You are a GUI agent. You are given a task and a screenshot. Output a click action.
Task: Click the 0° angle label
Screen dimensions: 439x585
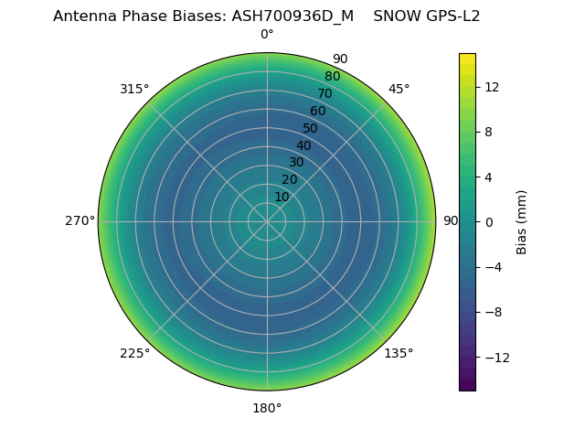click(267, 35)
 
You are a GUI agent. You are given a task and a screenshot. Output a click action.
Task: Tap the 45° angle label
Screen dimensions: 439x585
click(399, 89)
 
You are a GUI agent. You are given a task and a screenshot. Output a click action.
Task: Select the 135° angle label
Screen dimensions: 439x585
click(399, 354)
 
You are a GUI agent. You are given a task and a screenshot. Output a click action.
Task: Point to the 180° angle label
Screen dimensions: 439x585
click(267, 408)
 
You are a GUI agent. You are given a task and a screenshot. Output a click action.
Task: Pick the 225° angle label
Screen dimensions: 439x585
click(134, 354)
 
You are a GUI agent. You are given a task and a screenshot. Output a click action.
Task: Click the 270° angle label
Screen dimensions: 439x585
click(80, 221)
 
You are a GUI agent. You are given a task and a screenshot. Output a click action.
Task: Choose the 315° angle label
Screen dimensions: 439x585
click(134, 89)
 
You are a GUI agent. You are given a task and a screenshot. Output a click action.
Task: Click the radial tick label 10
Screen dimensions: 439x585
click(282, 197)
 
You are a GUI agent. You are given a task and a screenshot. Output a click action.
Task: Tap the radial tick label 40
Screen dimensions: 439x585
click(303, 145)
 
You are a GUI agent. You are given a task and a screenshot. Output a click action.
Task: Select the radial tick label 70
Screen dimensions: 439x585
click(325, 93)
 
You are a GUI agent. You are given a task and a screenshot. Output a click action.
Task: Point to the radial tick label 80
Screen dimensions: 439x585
click(333, 76)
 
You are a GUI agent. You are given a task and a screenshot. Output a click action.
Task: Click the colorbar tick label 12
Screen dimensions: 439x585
click(491, 87)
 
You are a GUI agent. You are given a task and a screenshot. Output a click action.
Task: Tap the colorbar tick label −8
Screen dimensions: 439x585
click(491, 312)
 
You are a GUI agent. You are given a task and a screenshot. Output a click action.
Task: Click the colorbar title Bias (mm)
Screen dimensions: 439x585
click(522, 222)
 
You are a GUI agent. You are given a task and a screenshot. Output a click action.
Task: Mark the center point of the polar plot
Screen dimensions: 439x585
click(267, 221)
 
